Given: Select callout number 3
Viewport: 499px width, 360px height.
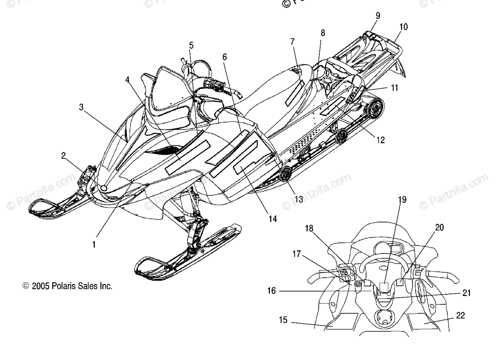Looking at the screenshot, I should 82,107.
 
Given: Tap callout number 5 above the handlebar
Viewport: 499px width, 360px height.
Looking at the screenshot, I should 191,45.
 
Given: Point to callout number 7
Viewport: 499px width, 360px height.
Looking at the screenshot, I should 292,42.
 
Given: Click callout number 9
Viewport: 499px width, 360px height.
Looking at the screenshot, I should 378,16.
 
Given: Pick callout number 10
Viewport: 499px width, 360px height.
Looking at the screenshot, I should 403,27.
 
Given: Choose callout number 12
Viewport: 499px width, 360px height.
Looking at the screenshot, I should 380,140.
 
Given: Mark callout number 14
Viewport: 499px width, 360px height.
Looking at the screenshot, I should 272,218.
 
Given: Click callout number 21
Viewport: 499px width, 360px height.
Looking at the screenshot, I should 466,293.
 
